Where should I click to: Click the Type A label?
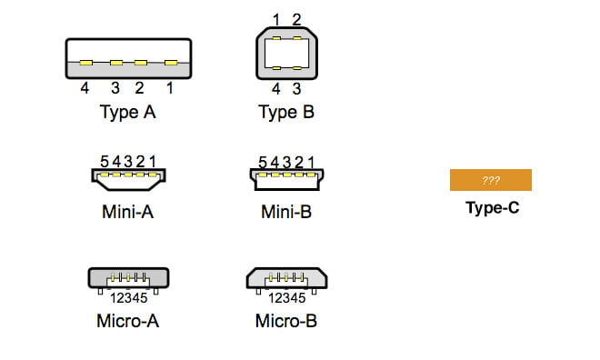(x=127, y=113)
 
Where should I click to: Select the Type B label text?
(x=286, y=113)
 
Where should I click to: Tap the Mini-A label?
(x=127, y=214)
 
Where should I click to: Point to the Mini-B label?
(x=286, y=214)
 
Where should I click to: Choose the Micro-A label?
(x=127, y=320)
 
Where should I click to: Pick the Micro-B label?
(x=286, y=320)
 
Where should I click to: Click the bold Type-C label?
(x=492, y=207)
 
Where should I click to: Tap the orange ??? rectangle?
(x=491, y=180)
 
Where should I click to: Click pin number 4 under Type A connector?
(x=84, y=89)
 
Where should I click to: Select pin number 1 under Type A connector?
(x=169, y=89)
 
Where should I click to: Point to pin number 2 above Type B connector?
(x=296, y=19)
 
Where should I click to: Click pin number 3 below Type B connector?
(x=297, y=89)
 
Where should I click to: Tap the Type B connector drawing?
(x=286, y=54)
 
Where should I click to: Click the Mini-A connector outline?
(x=128, y=178)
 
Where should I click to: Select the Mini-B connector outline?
(x=286, y=178)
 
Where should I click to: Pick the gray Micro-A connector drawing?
(x=127, y=278)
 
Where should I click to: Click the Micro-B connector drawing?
(x=286, y=278)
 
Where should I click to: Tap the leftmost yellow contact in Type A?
(x=85, y=64)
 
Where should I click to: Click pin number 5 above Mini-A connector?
(x=105, y=161)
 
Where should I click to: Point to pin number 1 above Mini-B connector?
(x=311, y=161)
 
